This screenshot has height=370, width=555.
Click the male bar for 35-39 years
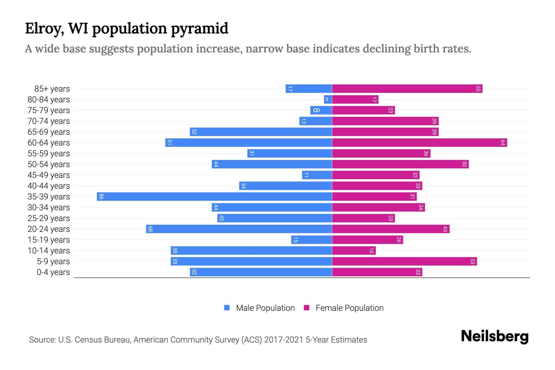tap(214, 196)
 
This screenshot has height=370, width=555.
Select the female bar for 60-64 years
tap(419, 142)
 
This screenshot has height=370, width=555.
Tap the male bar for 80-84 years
tap(328, 99)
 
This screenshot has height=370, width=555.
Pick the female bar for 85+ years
tap(407, 88)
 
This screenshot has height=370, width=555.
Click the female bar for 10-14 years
tap(354, 250)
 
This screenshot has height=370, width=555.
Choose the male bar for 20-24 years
tap(239, 229)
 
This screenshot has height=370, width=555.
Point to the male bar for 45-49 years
tap(317, 175)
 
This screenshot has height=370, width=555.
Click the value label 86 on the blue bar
tap(101, 196)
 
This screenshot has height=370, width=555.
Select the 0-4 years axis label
tap(53, 272)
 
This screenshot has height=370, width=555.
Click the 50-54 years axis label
tap(49, 164)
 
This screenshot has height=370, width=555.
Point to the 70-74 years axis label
tap(49, 121)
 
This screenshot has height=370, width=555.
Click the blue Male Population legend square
tap(227, 308)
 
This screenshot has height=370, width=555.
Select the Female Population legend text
tap(349, 308)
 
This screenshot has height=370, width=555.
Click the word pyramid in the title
tap(199, 28)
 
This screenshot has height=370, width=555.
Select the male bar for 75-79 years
tap(321, 110)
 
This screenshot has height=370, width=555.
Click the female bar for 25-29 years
tap(363, 218)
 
